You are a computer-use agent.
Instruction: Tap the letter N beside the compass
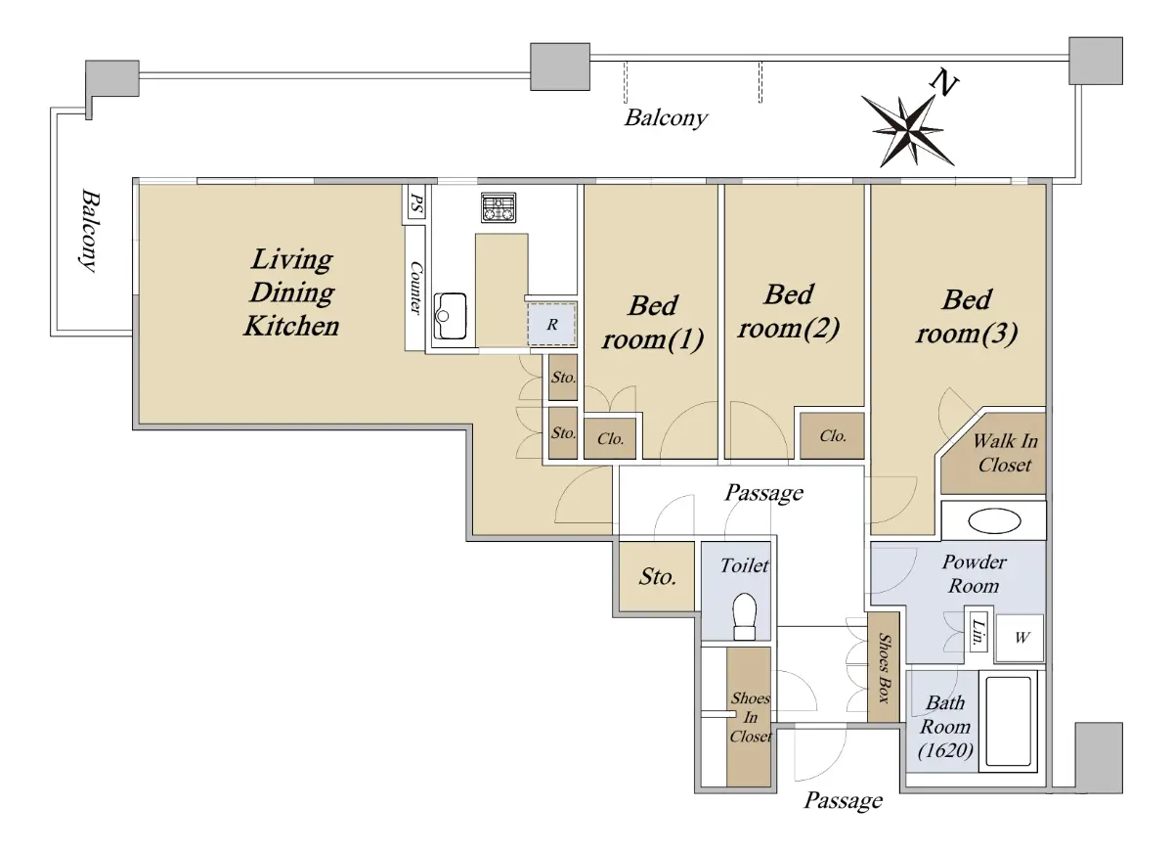click(944, 83)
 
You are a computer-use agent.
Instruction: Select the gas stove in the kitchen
click(499, 207)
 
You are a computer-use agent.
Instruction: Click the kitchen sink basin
click(451, 316)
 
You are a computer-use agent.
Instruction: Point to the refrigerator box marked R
click(551, 325)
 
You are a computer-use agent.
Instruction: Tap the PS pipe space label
click(416, 203)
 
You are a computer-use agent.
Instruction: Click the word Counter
click(415, 288)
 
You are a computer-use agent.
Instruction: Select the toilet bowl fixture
click(744, 616)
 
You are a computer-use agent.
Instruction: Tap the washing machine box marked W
click(1020, 638)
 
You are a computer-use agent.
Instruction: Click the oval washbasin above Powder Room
click(994, 521)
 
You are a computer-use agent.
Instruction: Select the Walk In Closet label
click(1005, 453)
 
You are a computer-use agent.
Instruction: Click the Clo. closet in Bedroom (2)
click(832, 436)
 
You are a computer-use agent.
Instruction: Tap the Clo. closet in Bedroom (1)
click(610, 439)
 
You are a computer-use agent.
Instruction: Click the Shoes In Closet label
click(751, 717)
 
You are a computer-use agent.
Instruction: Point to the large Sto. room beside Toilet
click(657, 576)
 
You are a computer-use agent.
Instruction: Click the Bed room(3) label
click(967, 317)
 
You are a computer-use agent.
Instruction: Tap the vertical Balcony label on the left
click(90, 231)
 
